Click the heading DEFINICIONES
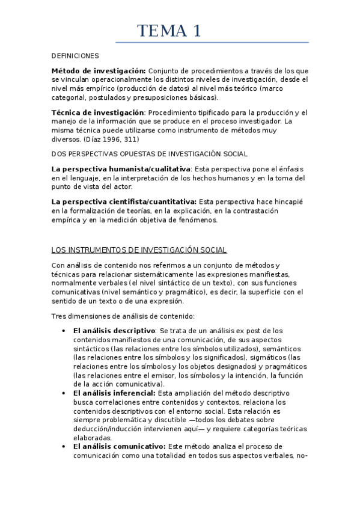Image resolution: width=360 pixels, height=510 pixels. pos(75,56)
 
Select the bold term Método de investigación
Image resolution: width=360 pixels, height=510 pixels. pos(99,70)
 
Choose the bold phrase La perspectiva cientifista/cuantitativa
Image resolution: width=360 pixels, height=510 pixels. pos(124,201)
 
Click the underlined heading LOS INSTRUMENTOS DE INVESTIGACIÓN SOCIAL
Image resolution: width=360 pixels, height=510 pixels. pos(139,250)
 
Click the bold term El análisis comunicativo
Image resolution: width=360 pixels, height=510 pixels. pos(119,446)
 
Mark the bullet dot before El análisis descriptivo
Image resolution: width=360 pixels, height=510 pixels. pos(64,331)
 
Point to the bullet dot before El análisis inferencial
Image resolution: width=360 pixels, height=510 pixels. pos(64,393)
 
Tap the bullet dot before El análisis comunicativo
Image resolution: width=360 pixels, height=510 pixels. pos(64,446)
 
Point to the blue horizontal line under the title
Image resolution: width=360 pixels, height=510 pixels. pos(212,43)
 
